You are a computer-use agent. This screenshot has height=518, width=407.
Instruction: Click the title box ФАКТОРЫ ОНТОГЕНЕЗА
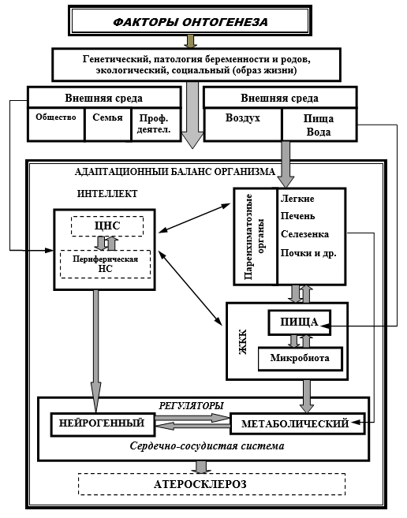pyautogui.click(x=190, y=20)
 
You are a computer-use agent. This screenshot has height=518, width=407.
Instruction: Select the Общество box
pyautogui.click(x=56, y=125)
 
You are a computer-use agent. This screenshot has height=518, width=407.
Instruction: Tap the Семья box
pyautogui.click(x=108, y=125)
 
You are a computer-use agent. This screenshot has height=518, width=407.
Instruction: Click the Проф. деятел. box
pyautogui.click(x=156, y=125)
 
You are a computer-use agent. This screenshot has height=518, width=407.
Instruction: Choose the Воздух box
pyautogui.click(x=243, y=125)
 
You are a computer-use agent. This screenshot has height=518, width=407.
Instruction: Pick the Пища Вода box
pyautogui.click(x=319, y=125)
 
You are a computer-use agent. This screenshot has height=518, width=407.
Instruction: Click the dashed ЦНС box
pyautogui.click(x=107, y=226)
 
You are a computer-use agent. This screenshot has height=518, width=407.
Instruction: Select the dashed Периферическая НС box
pyautogui.click(x=105, y=264)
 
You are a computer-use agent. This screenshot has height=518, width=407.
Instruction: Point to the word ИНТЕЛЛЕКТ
pyautogui.click(x=107, y=194)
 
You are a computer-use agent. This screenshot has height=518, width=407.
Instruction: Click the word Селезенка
pyautogui.click(x=304, y=234)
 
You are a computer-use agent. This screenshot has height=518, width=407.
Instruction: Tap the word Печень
pyautogui.click(x=297, y=216)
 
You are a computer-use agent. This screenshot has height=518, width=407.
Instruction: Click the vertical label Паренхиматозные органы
pyautogui.click(x=254, y=237)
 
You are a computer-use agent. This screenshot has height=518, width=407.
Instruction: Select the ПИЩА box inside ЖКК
pyautogui.click(x=300, y=322)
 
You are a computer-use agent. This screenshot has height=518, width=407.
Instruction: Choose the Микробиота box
pyautogui.click(x=300, y=359)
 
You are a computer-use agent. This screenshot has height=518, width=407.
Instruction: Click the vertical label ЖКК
pyautogui.click(x=243, y=341)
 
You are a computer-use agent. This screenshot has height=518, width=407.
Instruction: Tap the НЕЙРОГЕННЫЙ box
pyautogui.click(x=103, y=424)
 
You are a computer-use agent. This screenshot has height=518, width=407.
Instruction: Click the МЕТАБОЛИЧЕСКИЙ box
pyautogui.click(x=297, y=423)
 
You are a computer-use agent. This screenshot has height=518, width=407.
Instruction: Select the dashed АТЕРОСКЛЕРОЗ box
pyautogui.click(x=212, y=484)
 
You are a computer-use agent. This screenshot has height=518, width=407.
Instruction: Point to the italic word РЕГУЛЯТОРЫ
pyautogui.click(x=191, y=406)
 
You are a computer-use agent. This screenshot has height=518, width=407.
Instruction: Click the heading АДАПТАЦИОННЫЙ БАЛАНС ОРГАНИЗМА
pyautogui.click(x=175, y=172)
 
